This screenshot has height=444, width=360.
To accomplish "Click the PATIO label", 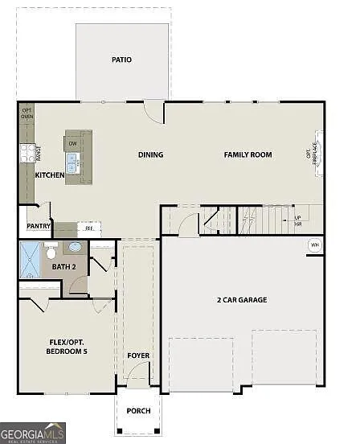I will [122, 60].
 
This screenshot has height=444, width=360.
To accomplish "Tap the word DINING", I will [150, 155].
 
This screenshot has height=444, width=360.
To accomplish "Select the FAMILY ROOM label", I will [247, 154].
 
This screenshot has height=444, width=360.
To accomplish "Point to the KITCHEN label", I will [50, 175].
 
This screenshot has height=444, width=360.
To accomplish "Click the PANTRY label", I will [39, 226].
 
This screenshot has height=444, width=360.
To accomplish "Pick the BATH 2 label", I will [64, 265].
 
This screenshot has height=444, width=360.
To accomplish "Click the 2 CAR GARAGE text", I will [242, 300].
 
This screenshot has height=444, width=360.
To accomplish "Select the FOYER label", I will [138, 355].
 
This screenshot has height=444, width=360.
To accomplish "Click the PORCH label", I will [138, 410].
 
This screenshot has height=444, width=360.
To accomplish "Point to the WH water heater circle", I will [314, 245].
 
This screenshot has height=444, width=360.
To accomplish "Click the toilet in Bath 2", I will [52, 249].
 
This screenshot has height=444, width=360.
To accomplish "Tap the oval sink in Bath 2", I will [75, 248].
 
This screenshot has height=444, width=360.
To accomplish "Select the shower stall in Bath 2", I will [31, 260].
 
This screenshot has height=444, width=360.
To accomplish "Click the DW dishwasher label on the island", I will [72, 143].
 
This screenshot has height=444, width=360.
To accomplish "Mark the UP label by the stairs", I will [297, 217].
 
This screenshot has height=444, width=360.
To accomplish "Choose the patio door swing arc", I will [153, 110].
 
